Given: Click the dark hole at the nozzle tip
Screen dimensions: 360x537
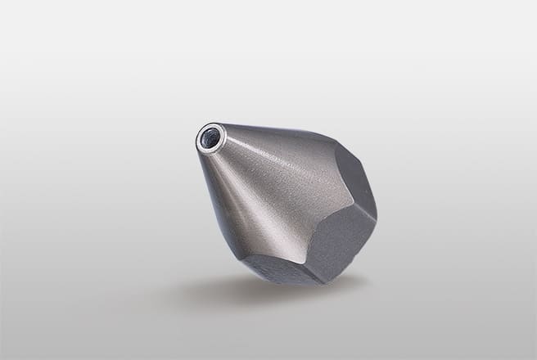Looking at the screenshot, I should coord(210,138).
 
